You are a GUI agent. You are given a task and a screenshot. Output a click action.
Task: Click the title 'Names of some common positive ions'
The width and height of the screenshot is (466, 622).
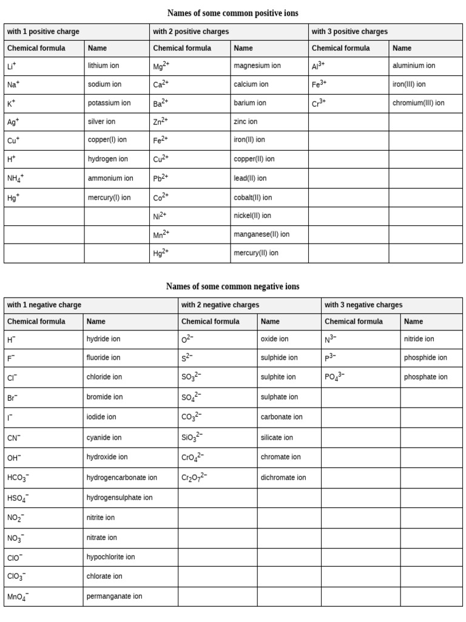pyautogui.click(x=232, y=13)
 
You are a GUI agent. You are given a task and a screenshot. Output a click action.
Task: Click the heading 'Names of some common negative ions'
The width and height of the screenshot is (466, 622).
pyautogui.click(x=232, y=286)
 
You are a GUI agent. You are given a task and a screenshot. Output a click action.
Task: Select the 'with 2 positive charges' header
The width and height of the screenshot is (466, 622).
pyautogui.click(x=191, y=32)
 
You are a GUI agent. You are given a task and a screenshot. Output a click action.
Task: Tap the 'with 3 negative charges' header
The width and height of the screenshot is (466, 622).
pyautogui.click(x=363, y=305)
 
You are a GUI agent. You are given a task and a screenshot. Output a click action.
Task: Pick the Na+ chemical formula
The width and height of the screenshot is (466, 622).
pyautogui.click(x=13, y=85)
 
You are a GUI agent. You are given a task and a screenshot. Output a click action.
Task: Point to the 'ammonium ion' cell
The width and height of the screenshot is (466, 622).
pyautogui.click(x=110, y=179)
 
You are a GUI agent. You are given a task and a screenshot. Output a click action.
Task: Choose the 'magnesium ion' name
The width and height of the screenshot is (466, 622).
pyautogui.click(x=257, y=66)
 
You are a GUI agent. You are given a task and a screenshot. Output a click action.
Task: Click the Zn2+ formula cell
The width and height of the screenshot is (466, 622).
pyautogui.click(x=160, y=121)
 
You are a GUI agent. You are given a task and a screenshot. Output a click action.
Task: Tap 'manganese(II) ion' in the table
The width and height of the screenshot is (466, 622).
pyautogui.click(x=262, y=234)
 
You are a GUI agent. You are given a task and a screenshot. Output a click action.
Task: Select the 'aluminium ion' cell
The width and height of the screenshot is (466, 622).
pyautogui.click(x=414, y=66)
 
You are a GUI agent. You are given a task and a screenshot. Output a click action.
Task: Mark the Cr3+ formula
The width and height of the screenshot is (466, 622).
pyautogui.click(x=319, y=103)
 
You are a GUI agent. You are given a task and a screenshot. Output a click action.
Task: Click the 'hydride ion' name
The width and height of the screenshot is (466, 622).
pyautogui.click(x=104, y=339)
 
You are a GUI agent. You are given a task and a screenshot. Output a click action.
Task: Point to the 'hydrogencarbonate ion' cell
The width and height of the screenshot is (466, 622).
pyautogui.click(x=122, y=477)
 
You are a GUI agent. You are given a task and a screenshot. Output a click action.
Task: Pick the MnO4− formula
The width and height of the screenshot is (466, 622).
pyautogui.click(x=18, y=597)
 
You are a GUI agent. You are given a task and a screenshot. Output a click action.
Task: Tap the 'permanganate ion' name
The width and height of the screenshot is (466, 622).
pyautogui.click(x=115, y=596)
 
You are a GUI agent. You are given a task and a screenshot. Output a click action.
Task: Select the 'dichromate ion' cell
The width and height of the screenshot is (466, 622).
pyautogui.click(x=283, y=477)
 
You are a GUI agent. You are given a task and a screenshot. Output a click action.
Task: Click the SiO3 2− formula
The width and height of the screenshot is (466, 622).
pyautogui.click(x=192, y=437)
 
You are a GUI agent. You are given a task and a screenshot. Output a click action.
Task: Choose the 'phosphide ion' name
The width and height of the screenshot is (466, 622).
pyautogui.click(x=425, y=358)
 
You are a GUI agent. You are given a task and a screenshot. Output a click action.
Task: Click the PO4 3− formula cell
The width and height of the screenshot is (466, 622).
pyautogui.click(x=334, y=377)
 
